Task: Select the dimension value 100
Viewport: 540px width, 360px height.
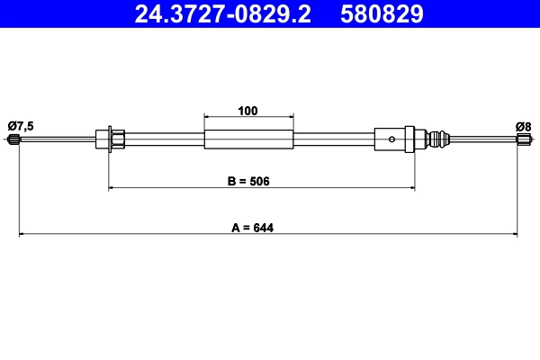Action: click(248, 111)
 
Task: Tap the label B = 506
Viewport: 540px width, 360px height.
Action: click(248, 180)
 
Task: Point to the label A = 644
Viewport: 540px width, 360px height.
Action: click(251, 228)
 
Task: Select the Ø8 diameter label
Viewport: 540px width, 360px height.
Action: click(523, 124)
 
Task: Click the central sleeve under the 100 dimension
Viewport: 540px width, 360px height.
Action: click(249, 139)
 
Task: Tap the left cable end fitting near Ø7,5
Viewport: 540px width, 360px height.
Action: click(13, 139)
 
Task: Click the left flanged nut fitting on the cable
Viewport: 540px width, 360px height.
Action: click(109, 139)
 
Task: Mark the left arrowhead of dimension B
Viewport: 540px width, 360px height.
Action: click(112, 187)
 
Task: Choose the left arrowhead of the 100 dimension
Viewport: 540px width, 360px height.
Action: click(208, 117)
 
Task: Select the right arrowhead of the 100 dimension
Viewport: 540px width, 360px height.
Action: click(291, 117)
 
